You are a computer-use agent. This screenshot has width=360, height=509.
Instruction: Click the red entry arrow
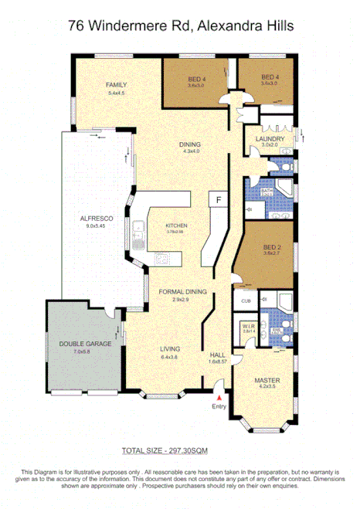(219, 397)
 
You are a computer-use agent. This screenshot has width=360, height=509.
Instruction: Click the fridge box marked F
(219, 199)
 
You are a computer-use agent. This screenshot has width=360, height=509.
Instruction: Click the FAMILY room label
(117, 85)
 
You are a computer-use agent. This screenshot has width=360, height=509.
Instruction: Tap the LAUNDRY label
(273, 139)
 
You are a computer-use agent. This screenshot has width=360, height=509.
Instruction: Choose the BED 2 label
(270, 246)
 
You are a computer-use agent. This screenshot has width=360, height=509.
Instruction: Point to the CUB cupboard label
(246, 300)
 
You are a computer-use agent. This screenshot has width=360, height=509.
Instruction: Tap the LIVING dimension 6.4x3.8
(170, 358)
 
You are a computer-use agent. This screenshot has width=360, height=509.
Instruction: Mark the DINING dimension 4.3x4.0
(191, 151)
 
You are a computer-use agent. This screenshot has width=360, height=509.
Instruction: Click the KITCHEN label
(177, 226)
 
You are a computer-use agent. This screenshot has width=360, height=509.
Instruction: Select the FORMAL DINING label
(181, 291)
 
